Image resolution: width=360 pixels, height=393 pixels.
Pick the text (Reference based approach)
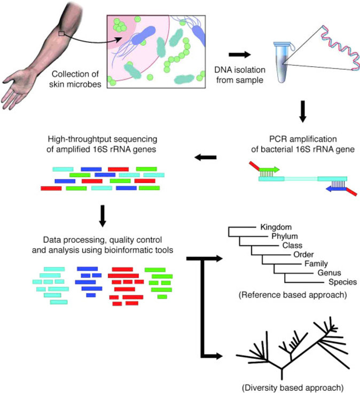[291, 294]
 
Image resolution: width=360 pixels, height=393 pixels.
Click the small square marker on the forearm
[62, 34]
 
